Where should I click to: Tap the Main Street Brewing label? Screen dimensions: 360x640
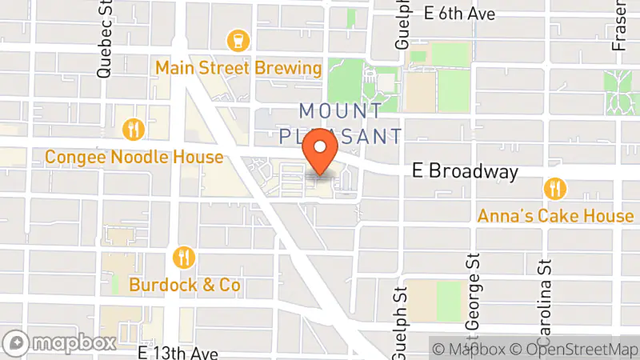238,67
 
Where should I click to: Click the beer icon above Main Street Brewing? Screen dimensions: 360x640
238,39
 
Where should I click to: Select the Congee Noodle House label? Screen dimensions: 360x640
134,157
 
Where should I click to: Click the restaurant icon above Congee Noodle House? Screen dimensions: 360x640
133,129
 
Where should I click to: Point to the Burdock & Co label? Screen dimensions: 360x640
185,285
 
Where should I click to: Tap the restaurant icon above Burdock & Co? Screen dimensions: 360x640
185,257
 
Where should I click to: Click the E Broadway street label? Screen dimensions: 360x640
465,171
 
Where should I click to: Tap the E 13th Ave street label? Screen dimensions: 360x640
178,352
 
